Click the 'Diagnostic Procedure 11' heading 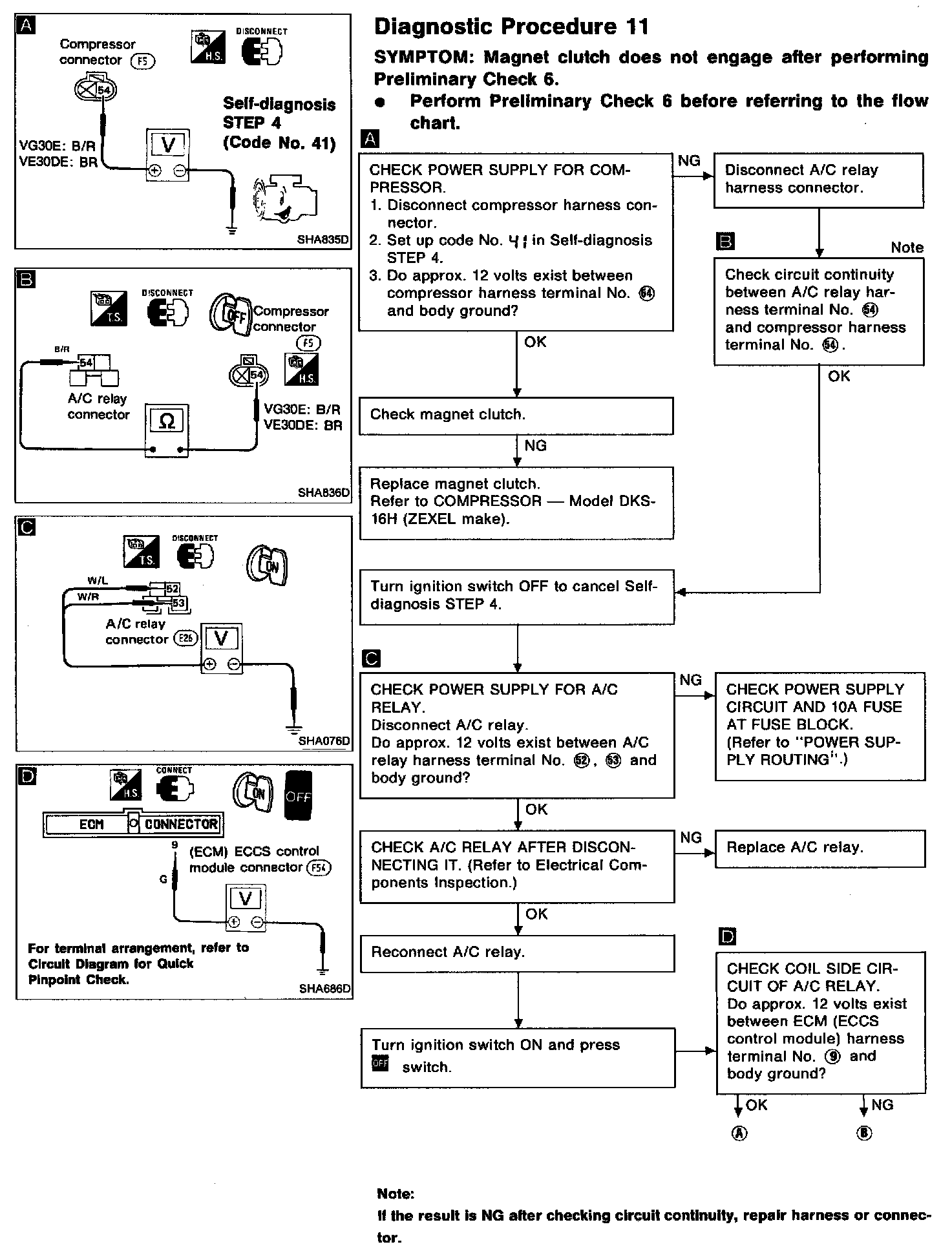click(x=511, y=27)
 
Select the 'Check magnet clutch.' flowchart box click(x=516, y=415)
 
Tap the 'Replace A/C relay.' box click(x=819, y=848)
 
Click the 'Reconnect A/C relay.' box click(x=517, y=953)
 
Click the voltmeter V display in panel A click(x=168, y=145)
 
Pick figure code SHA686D click(x=324, y=989)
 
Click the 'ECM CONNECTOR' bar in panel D click(x=133, y=825)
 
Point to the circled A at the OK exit click(x=739, y=1133)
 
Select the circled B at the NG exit click(x=864, y=1133)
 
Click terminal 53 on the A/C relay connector click(x=178, y=604)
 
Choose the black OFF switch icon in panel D click(x=298, y=796)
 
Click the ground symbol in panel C click(x=295, y=729)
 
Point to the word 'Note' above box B click(x=907, y=247)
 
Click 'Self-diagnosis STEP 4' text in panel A click(x=279, y=113)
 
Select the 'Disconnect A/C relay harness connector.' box click(x=818, y=180)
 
